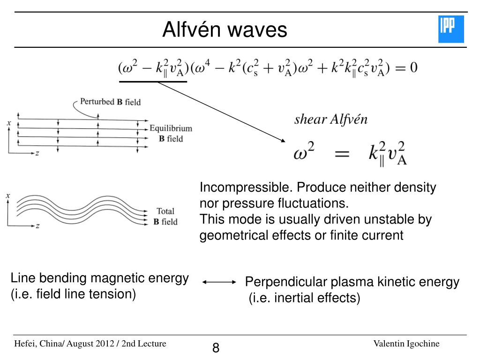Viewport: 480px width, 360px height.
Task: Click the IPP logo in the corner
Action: (450, 29)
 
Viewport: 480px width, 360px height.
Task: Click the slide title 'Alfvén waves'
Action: (225, 30)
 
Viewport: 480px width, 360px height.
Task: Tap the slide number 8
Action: (216, 348)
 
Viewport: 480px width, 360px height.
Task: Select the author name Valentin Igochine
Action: (406, 344)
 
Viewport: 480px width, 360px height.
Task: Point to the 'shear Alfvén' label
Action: (331, 120)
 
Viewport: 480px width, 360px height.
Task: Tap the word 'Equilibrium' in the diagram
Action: (171, 128)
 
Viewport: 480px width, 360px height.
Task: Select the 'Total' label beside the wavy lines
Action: (165, 211)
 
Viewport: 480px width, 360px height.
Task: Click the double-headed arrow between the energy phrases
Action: (219, 282)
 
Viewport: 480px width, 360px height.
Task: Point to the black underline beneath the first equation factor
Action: (153, 82)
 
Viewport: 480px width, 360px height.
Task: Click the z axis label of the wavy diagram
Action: (37, 226)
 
